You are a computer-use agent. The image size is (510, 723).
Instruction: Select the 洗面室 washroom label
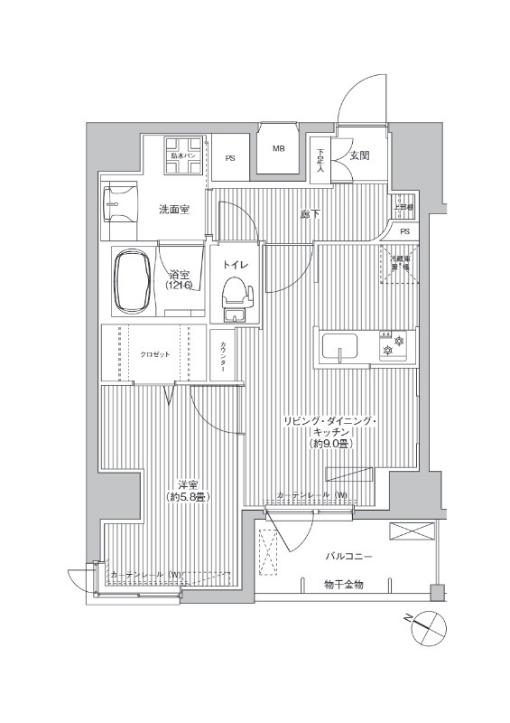click(x=173, y=210)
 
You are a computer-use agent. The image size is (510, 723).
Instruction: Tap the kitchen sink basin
click(x=339, y=347)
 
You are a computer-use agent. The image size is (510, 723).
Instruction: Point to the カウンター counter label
click(x=222, y=360)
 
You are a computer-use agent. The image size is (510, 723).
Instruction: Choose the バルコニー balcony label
click(x=350, y=558)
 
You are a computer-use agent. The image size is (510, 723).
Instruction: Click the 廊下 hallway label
click(x=309, y=214)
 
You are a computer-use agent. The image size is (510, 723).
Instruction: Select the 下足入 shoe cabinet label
click(x=320, y=159)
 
